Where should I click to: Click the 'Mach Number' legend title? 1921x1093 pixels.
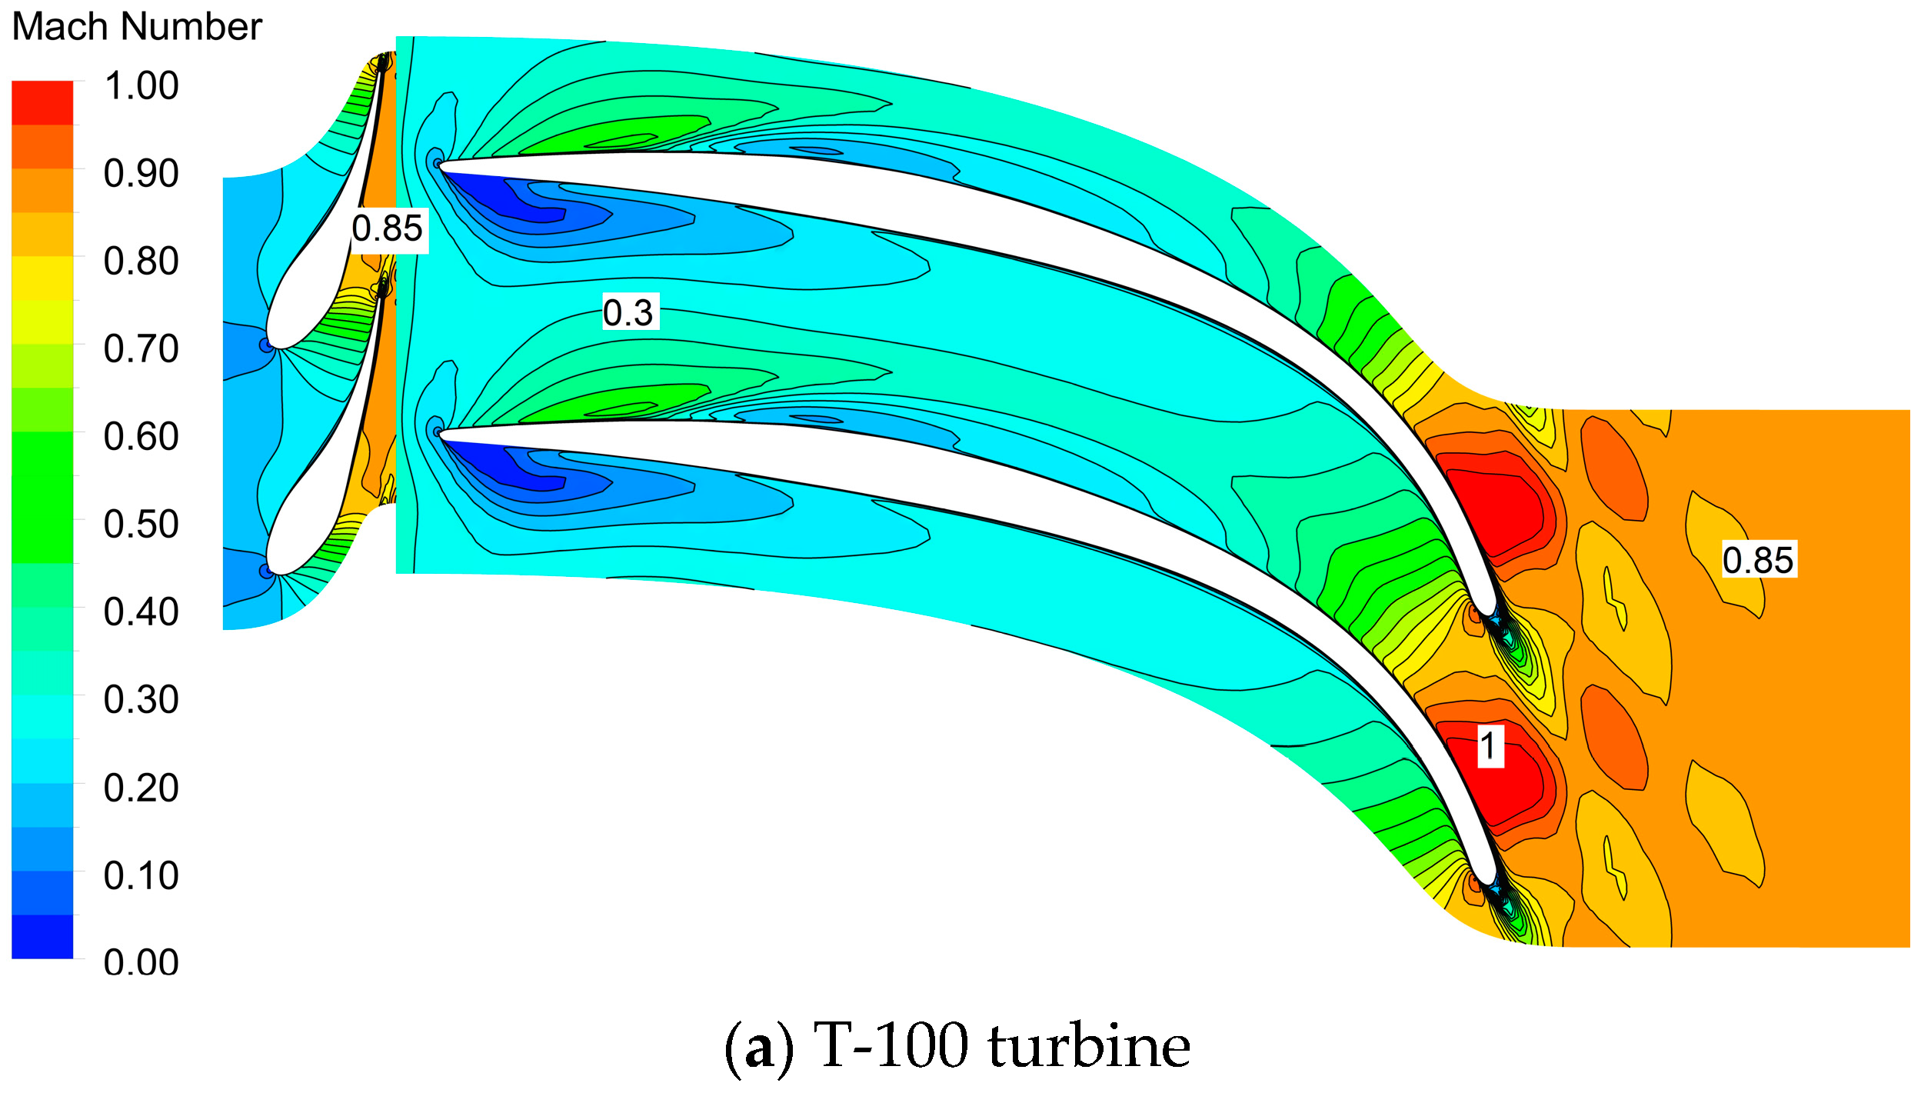point(137,27)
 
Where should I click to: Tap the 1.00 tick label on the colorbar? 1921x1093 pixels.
point(141,85)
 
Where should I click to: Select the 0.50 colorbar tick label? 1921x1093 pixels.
point(141,525)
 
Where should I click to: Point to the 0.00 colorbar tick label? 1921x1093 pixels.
point(141,963)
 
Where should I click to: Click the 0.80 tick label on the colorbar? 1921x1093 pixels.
point(141,262)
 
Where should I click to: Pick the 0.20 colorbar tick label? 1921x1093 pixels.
point(141,788)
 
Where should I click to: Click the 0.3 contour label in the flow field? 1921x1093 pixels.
point(628,313)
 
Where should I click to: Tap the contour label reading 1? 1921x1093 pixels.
point(1490,746)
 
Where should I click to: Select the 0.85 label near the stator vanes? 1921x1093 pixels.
point(388,228)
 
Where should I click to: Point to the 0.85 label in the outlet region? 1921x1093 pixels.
point(1758,560)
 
